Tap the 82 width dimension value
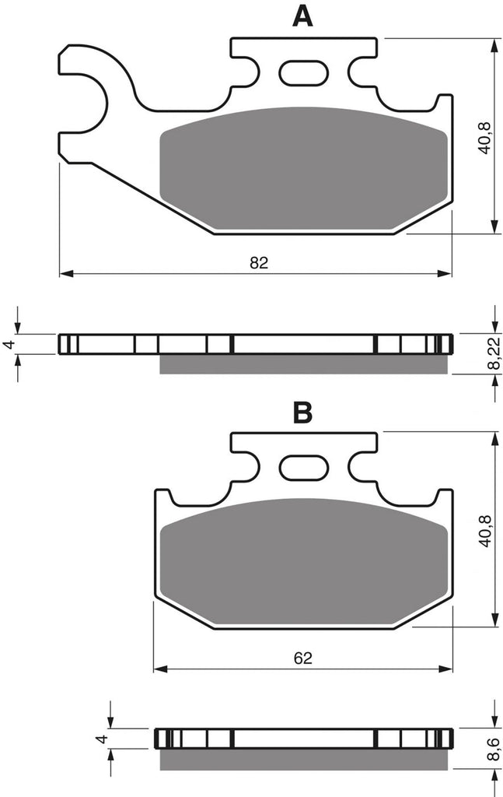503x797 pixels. [x=258, y=263]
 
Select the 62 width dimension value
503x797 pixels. [x=302, y=658]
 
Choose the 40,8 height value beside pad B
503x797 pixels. [x=484, y=531]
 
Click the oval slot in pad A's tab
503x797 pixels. [x=303, y=72]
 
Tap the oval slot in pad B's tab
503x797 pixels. [x=303, y=467]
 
